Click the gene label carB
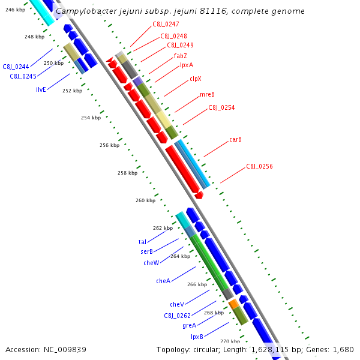tap(235, 139)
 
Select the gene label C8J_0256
tap(259, 166)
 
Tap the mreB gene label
tap(207, 94)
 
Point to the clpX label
tap(196, 79)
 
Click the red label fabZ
tap(181, 56)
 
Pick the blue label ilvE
tap(41, 89)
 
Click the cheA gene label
tap(163, 281)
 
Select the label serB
tap(146, 251)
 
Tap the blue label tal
tap(142, 242)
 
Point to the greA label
tap(189, 325)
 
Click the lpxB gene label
tap(197, 337)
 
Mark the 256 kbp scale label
tap(109, 145)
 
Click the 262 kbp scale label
tap(163, 228)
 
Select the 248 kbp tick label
tap(34, 37)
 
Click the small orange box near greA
tap(233, 305)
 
